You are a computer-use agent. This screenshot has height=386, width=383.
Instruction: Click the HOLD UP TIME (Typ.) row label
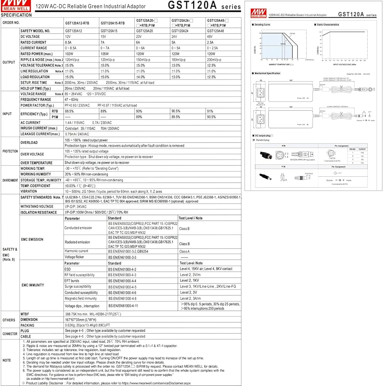[36, 88]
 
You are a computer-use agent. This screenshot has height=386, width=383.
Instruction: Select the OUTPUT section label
[9, 62]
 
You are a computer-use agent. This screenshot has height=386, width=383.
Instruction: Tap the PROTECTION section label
[10, 151]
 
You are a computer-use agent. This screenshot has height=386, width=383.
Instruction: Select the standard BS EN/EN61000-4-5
[122, 287]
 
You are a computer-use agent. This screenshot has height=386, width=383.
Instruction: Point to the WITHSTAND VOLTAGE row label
[37, 207]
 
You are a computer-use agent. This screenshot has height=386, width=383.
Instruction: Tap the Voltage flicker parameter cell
[75, 257]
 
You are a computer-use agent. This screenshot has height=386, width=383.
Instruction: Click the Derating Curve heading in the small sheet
[262, 24]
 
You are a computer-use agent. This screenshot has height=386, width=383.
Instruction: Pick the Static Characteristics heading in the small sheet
[328, 24]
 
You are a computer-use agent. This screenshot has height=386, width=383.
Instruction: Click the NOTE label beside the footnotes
[7, 360]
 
